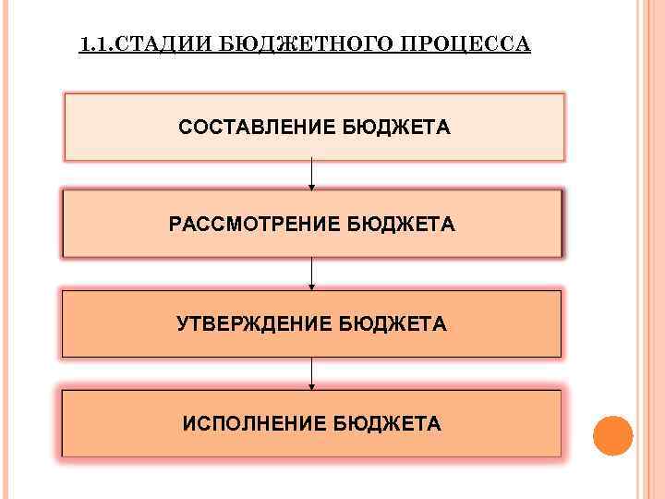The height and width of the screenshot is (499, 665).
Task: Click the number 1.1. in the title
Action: [x=95, y=44]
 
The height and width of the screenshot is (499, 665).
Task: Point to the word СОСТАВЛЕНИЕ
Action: [x=257, y=126]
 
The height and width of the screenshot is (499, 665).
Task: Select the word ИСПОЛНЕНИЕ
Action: [x=253, y=423]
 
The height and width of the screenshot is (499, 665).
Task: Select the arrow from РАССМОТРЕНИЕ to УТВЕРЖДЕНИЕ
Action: [x=312, y=272]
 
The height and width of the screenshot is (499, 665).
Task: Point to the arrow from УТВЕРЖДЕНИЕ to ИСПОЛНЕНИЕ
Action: [x=312, y=371]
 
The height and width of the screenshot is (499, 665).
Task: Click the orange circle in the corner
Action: [x=612, y=435]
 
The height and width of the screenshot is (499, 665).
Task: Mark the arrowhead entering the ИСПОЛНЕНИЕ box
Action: [x=312, y=386]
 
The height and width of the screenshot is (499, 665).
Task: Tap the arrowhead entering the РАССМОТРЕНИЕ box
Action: [x=312, y=188]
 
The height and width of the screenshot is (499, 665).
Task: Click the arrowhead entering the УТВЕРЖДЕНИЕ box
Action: [x=312, y=287]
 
